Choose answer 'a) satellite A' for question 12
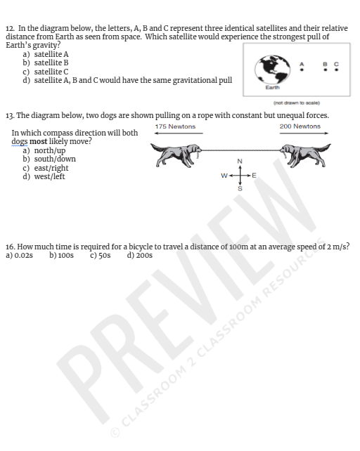click(46, 53)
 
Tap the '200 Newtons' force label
click(300, 126)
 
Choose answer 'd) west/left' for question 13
click(44, 176)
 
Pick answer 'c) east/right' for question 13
click(46, 168)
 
